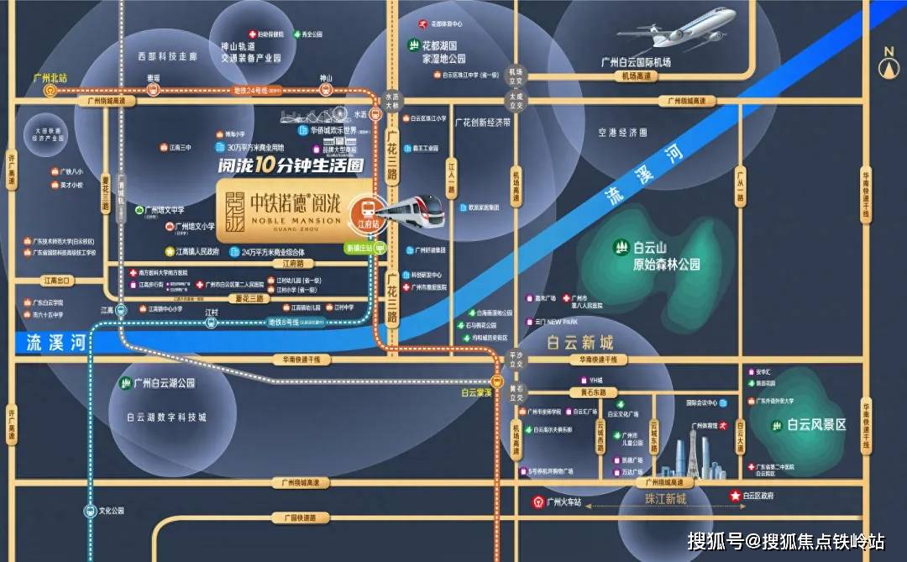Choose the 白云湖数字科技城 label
[x=166, y=418]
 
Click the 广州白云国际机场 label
[x=642, y=61]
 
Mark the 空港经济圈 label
[x=622, y=133]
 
